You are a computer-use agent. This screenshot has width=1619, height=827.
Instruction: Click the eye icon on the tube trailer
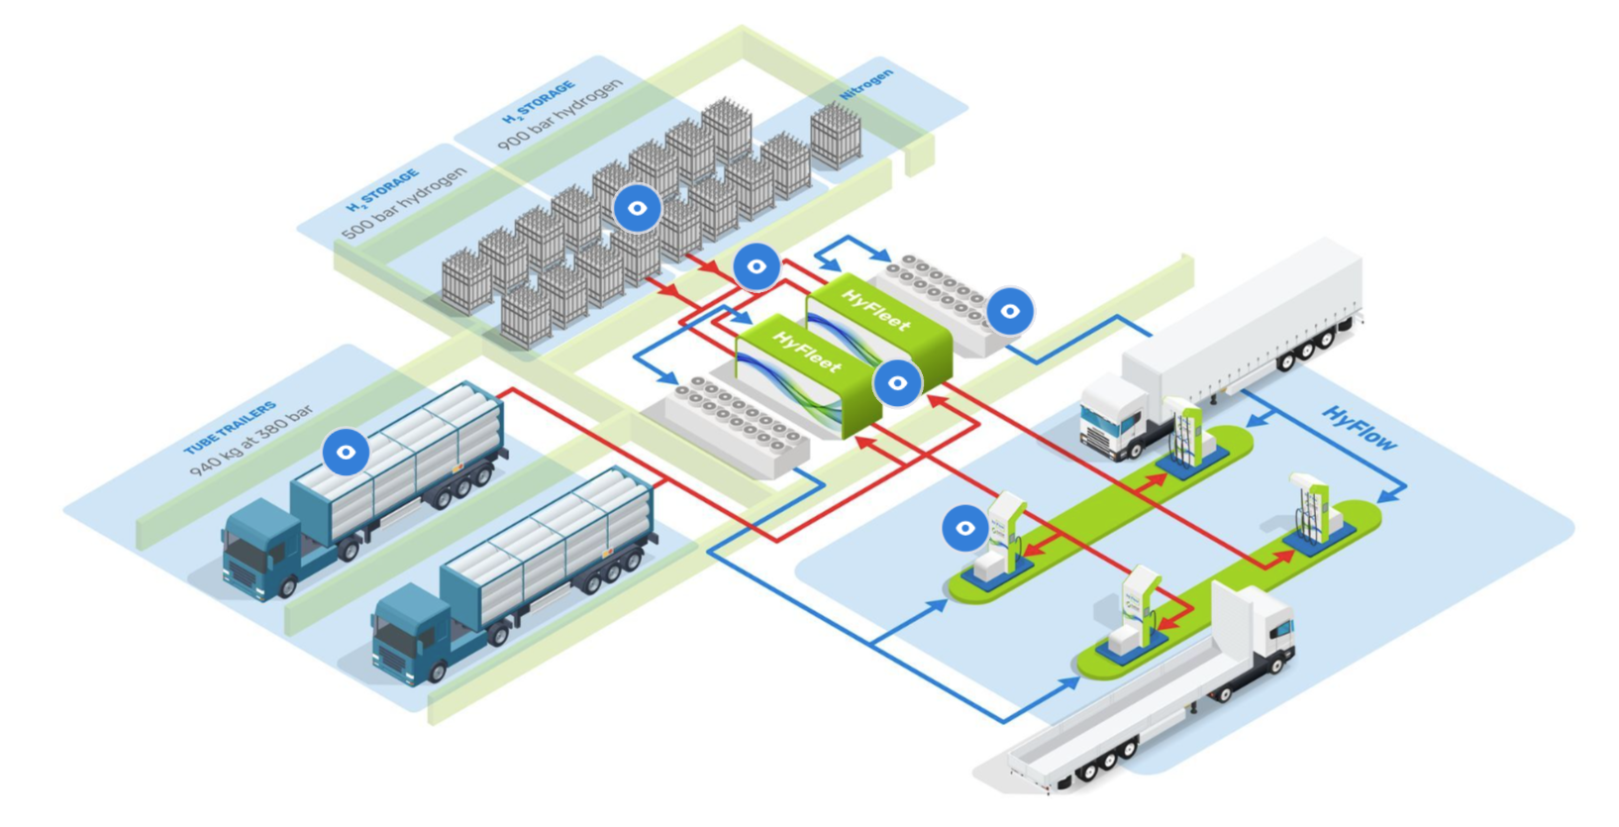[346, 452]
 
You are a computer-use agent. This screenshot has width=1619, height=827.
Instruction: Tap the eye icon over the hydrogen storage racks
[638, 208]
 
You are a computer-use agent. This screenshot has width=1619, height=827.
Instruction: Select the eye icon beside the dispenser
[964, 528]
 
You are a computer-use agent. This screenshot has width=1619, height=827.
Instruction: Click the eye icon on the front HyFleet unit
[897, 382]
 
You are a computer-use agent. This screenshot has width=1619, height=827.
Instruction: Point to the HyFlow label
[1360, 429]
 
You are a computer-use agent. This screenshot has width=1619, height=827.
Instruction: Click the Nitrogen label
[866, 84]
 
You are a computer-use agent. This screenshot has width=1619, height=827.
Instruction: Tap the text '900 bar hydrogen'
[560, 115]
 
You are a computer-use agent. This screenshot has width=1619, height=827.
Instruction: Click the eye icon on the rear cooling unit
[1010, 311]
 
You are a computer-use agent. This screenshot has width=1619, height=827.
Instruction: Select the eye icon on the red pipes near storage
[757, 266]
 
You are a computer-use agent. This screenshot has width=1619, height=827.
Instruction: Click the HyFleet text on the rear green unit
[876, 309]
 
